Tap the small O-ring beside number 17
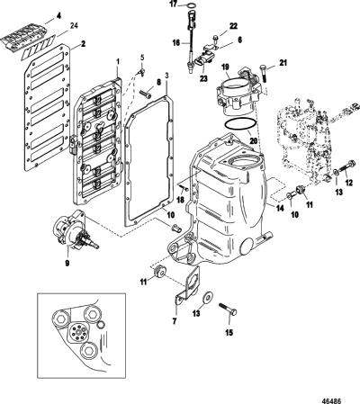click(192, 4)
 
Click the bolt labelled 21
click(264, 73)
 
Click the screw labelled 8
click(146, 94)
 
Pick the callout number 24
click(74, 25)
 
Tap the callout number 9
click(67, 263)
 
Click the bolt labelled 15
click(228, 310)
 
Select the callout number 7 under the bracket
click(175, 321)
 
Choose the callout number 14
click(280, 208)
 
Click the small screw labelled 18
click(184, 188)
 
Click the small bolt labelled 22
click(216, 39)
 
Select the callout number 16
click(176, 43)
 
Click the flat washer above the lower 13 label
click(208, 297)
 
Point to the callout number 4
click(58, 15)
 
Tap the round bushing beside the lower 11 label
click(159, 273)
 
